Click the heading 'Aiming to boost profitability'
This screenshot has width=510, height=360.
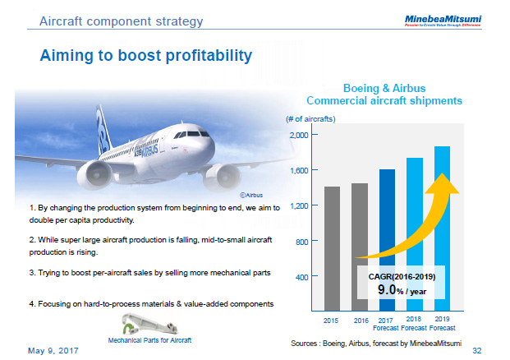146,56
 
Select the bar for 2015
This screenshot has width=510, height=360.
333,247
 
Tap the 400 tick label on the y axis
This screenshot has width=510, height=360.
301,277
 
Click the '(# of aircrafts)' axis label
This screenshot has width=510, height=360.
310,119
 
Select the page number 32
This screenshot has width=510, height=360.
499,348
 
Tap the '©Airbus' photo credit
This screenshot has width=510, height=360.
250,196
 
